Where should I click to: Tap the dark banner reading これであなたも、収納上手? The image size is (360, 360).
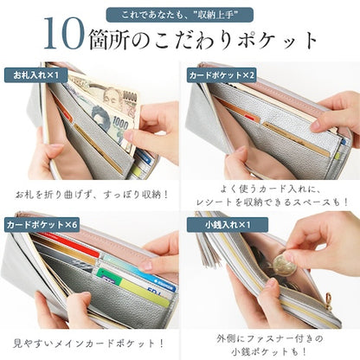coord(179,15)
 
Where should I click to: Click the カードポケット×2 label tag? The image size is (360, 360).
coord(222,75)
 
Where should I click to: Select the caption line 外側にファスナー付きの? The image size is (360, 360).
coord(270,334)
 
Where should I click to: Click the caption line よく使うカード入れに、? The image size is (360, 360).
coord(270,187)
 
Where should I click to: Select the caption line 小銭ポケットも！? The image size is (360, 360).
coord(270,350)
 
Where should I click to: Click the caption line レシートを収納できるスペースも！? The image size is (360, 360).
coord(270,202)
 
